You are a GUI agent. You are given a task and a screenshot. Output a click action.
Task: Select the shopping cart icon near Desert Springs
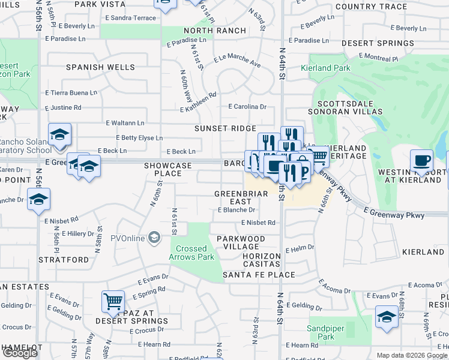[112, 301]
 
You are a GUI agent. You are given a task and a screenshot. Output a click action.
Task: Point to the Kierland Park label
[330, 68]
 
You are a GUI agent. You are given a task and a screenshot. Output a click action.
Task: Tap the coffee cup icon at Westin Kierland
[421, 161]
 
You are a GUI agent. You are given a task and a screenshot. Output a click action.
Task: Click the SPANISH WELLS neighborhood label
[100, 67]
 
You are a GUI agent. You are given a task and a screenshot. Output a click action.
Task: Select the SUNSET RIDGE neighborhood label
[225, 128]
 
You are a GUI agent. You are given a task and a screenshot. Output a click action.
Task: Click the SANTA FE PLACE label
[259, 275]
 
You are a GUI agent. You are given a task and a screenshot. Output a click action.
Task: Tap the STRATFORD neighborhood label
[64, 260]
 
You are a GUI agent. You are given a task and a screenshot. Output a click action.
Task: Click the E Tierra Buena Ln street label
[71, 93]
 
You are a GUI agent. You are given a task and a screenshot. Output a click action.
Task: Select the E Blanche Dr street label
[237, 211]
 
